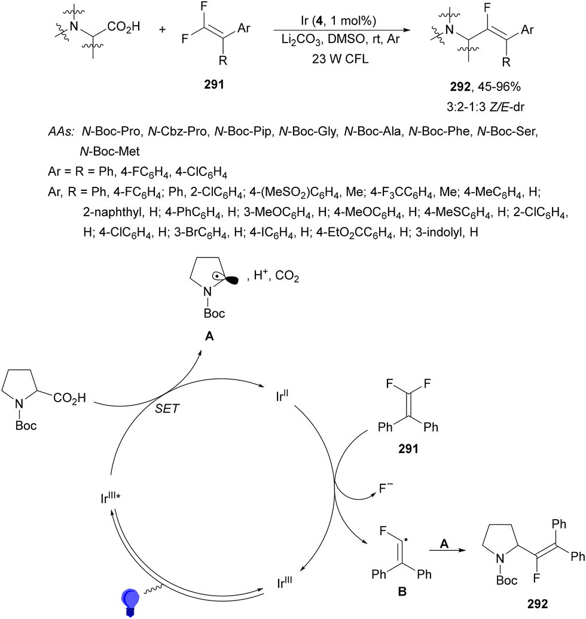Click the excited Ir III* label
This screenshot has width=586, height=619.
109,496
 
